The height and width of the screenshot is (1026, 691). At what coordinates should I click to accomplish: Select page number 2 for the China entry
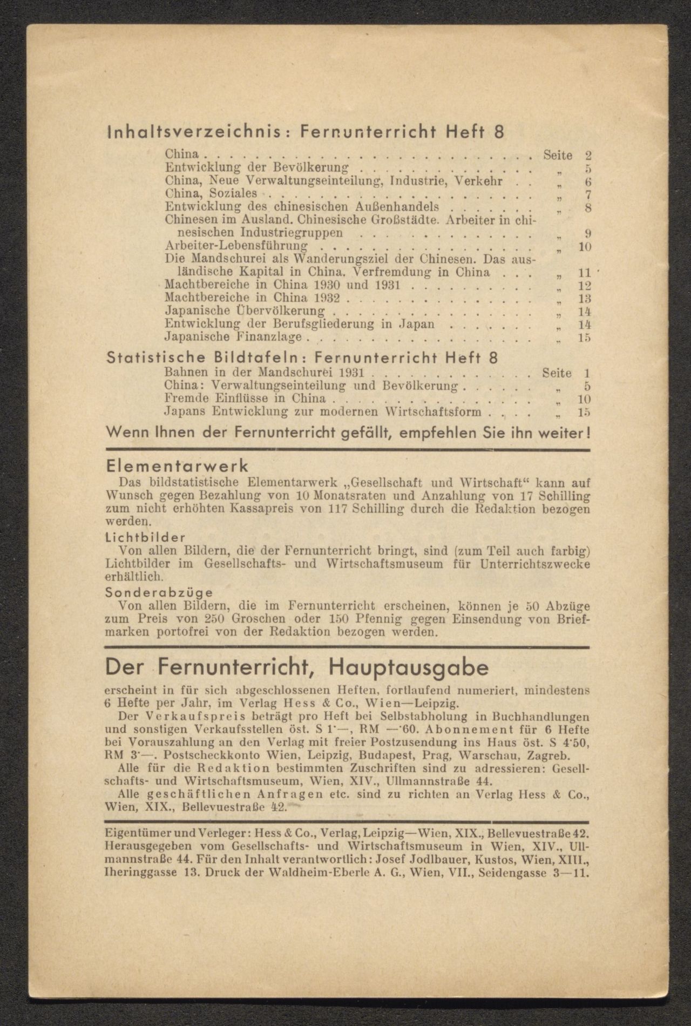588,156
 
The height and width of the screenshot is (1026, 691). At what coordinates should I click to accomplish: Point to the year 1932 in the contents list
329,298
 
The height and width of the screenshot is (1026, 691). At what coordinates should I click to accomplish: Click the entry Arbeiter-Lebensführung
236,246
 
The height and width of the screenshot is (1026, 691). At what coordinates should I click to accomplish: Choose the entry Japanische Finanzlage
233,337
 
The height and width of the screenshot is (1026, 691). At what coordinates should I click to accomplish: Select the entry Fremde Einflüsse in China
245,399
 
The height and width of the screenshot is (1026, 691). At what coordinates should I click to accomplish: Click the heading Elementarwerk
177,465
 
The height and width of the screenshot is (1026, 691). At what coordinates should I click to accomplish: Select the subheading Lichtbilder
146,538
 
